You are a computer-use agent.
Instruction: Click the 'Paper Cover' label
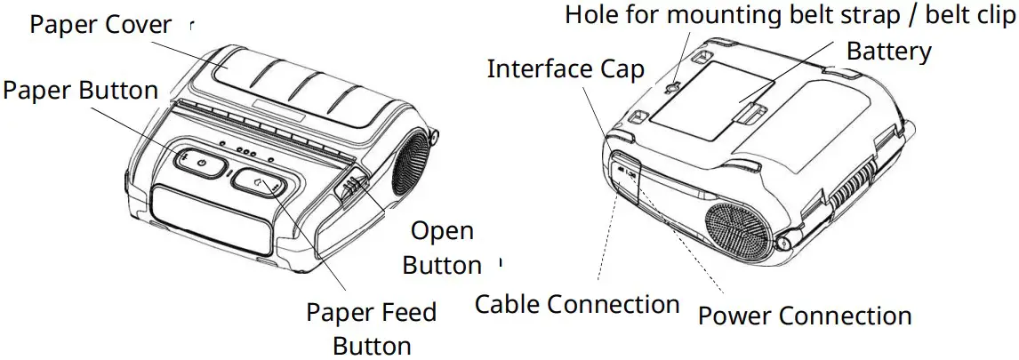100,24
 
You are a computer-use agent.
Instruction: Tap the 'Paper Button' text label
81,90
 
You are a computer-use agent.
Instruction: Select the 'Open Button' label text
442,248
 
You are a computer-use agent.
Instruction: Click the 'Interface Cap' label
565,68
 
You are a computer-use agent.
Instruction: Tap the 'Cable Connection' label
577,304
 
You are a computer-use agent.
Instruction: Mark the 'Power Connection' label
805,316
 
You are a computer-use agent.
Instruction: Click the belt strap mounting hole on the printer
674,87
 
